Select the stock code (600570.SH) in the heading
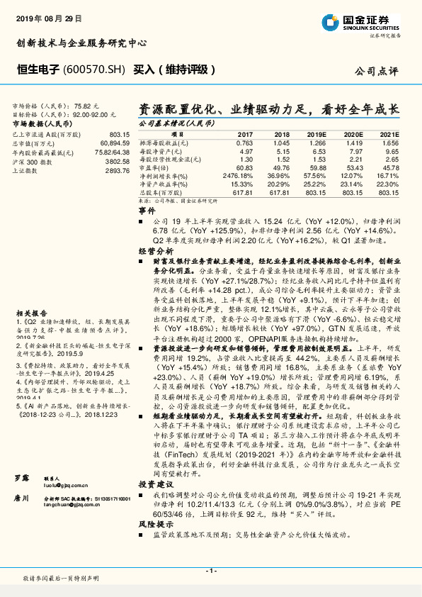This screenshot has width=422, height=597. (94, 70)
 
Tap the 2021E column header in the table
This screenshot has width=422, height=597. (389, 134)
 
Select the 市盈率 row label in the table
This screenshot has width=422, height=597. (154, 167)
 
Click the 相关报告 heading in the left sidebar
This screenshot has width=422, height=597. (31, 313)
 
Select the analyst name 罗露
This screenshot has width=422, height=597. (21, 440)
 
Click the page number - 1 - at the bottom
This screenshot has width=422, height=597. (210, 570)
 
